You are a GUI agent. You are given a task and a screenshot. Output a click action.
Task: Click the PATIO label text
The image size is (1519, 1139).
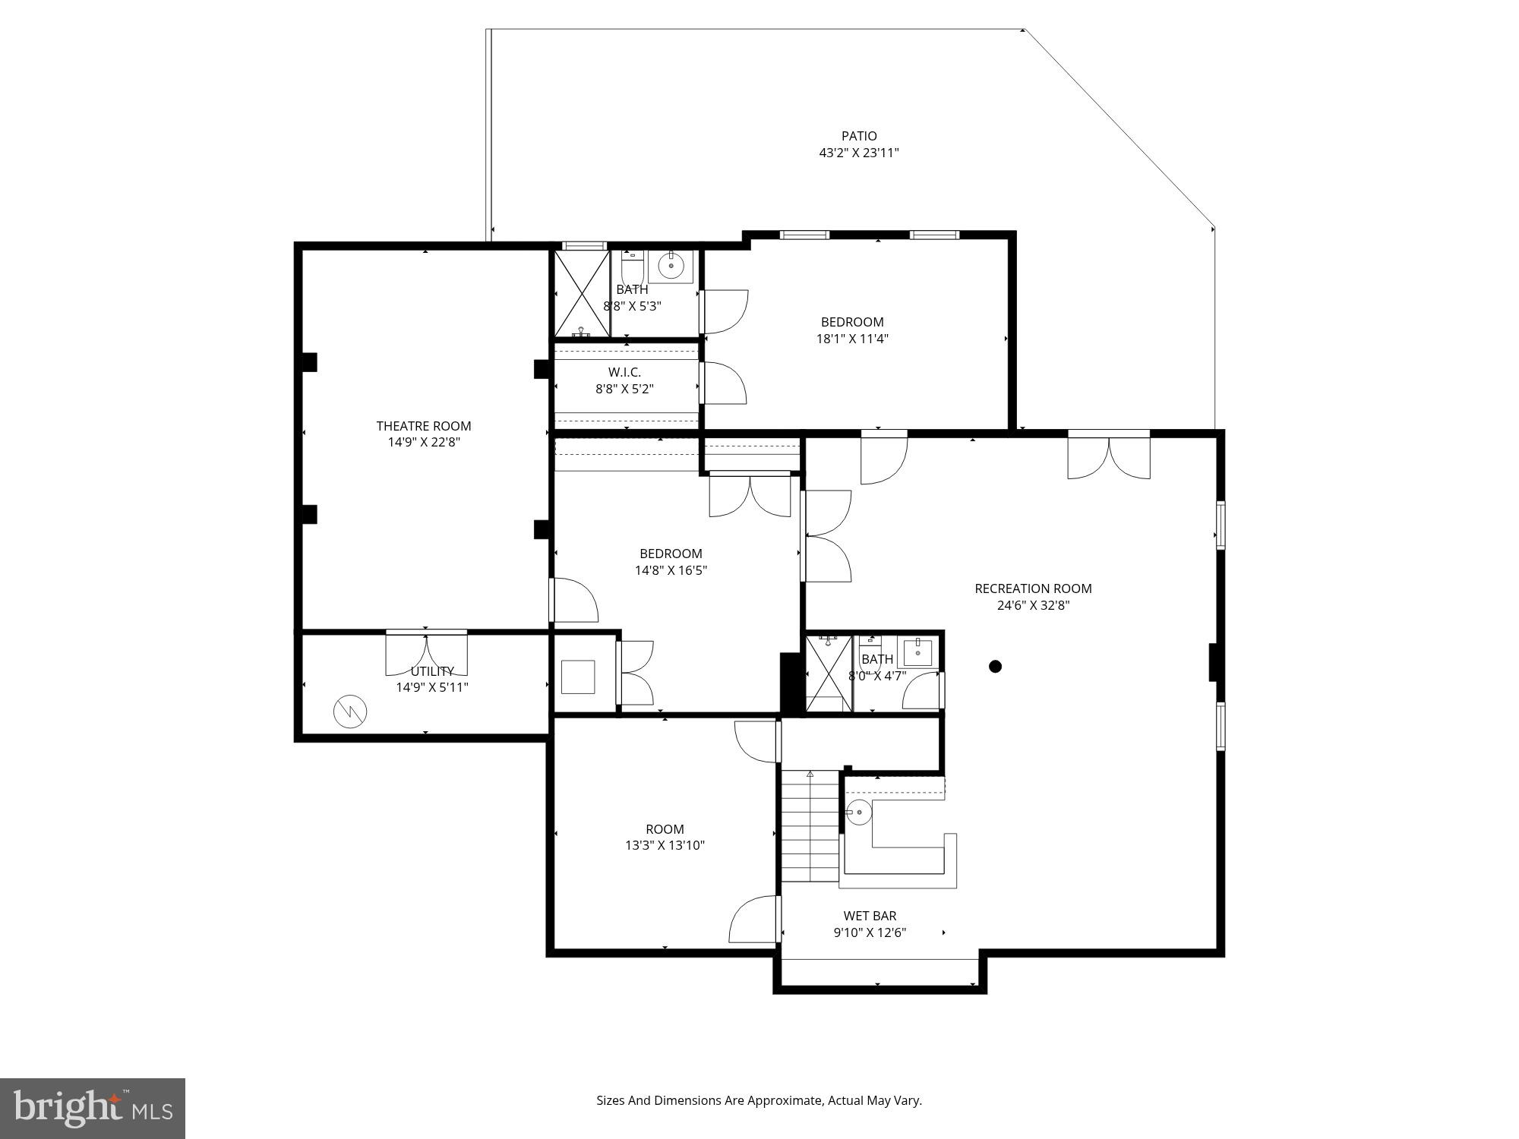[x=859, y=136]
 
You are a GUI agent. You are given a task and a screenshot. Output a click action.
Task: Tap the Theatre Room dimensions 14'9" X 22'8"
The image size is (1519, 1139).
[x=424, y=442]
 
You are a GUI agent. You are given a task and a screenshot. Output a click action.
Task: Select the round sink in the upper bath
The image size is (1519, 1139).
[x=671, y=266]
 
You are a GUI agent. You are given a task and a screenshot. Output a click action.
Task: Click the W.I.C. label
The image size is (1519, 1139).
[x=624, y=372]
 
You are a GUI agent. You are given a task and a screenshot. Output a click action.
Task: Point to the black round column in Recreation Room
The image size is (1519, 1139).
[x=995, y=667]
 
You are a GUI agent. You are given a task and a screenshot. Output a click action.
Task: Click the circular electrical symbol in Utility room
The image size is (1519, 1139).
[x=350, y=711]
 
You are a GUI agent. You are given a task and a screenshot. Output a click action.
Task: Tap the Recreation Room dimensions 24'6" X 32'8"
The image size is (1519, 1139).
[x=1033, y=605]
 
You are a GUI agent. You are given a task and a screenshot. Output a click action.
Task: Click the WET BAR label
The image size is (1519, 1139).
[x=870, y=916]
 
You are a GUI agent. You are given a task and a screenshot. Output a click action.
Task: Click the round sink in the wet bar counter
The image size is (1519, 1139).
[x=859, y=812]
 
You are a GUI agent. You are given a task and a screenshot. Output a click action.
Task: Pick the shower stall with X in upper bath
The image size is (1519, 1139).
[x=582, y=294]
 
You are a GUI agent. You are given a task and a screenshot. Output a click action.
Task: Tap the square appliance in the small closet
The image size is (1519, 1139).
[x=578, y=677]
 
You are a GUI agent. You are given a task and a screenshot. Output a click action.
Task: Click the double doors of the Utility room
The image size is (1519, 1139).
[x=426, y=653]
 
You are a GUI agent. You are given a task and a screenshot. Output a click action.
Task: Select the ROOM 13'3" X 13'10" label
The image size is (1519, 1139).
[x=665, y=837]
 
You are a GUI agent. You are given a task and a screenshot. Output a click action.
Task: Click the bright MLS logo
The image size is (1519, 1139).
[x=92, y=1108]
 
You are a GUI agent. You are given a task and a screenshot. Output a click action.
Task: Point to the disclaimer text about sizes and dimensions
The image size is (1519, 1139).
[x=759, y=1100]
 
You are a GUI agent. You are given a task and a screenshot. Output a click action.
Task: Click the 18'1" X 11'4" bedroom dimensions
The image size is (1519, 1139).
[x=852, y=339]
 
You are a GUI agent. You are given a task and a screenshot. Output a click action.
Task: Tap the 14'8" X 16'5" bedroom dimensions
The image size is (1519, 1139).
[x=671, y=570]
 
